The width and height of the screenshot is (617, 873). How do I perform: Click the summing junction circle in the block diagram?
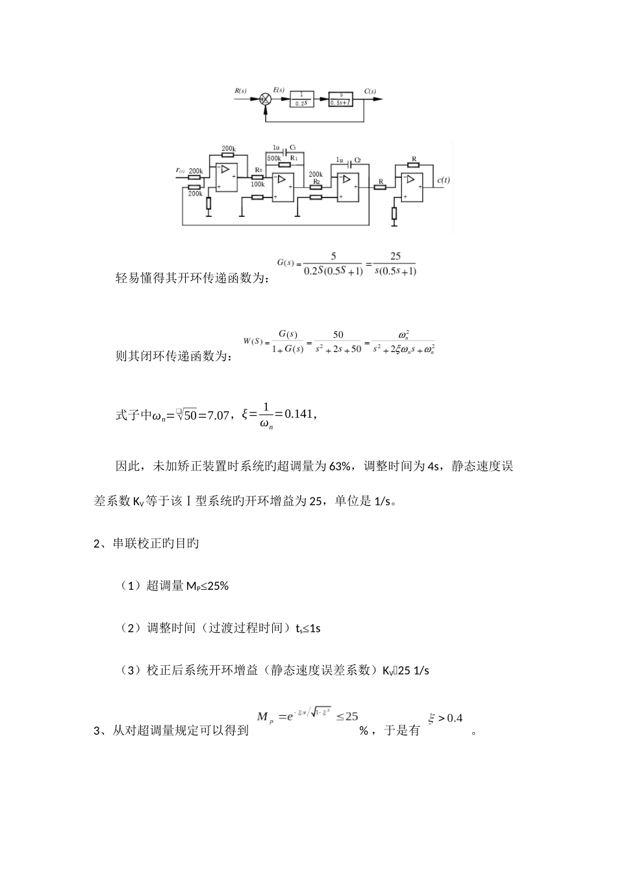click(266, 99)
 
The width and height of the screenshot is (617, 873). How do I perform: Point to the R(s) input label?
click(240, 92)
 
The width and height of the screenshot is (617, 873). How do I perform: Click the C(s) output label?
click(370, 92)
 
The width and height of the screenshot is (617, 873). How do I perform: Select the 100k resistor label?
click(257, 184)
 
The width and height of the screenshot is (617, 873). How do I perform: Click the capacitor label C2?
click(357, 159)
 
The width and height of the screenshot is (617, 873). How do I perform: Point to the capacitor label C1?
click(293, 148)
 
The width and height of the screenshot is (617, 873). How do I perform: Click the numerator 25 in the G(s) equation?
click(395, 257)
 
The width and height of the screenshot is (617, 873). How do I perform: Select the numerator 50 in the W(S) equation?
click(338, 335)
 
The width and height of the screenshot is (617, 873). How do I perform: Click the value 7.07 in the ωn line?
click(216, 415)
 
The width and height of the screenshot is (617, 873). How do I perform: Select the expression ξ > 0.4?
click(445, 718)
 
